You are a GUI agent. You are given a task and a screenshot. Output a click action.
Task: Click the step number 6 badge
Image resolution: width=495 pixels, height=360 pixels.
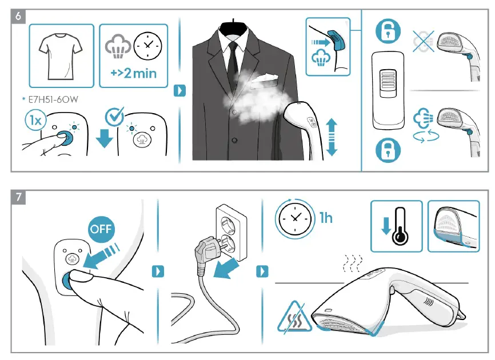[18, 17]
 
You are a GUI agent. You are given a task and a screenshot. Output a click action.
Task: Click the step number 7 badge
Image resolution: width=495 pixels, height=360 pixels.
[18, 198]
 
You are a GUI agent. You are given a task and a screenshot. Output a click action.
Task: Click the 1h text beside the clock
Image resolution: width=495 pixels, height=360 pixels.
[326, 219]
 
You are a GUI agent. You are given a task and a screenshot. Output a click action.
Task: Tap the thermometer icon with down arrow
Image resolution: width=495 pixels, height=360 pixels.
[396, 226]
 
